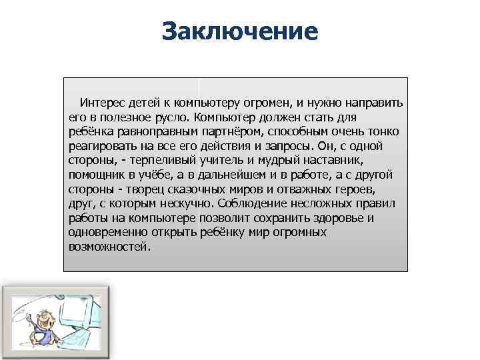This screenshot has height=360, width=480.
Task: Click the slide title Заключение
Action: pyautogui.click(x=240, y=31)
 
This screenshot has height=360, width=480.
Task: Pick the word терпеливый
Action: pyautogui.click(x=166, y=161)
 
